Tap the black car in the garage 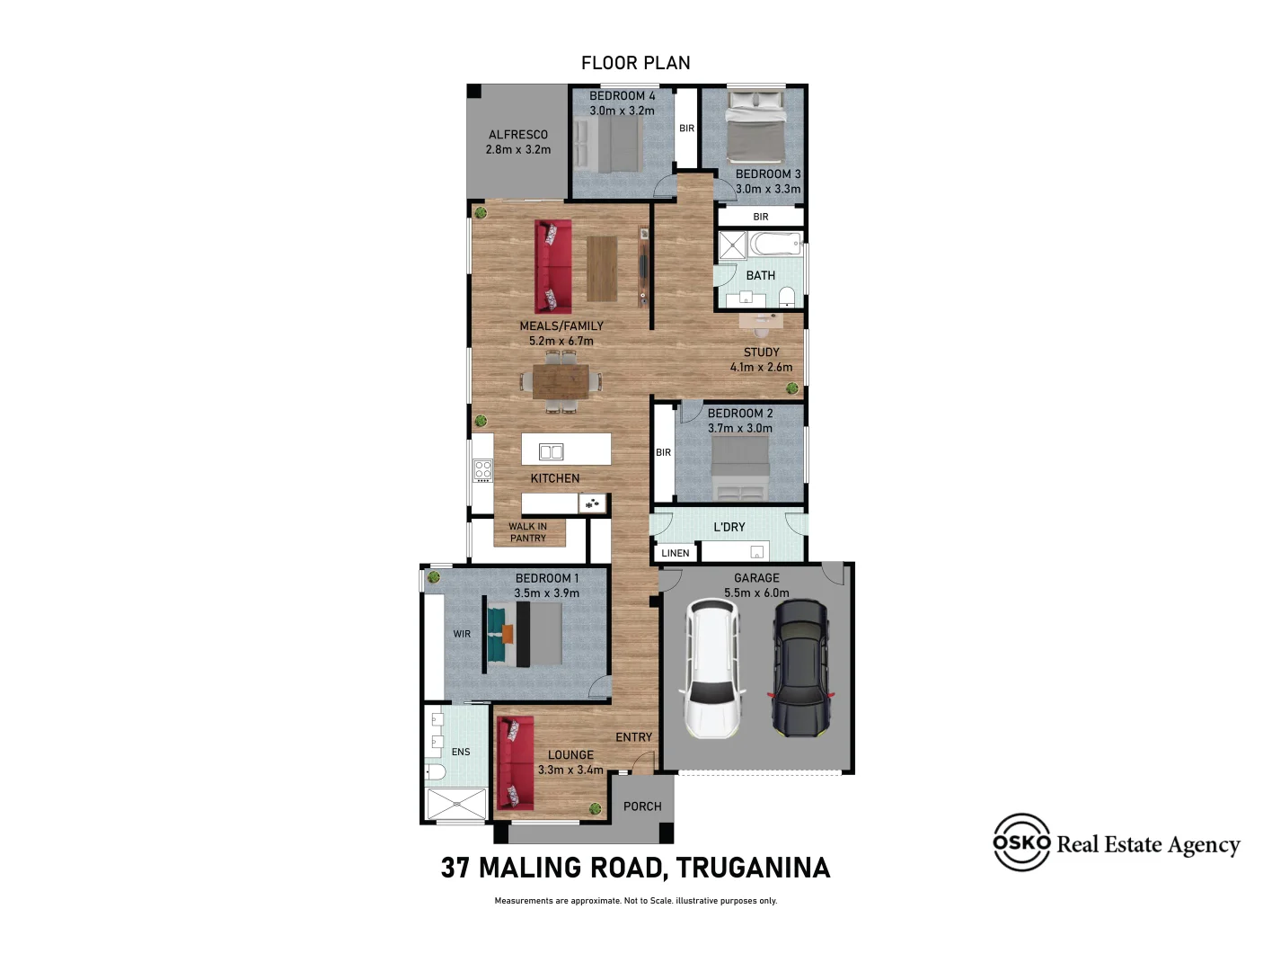pyautogui.click(x=799, y=668)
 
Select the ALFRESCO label pyautogui.click(x=517, y=135)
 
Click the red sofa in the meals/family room pyautogui.click(x=552, y=267)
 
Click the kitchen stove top pyautogui.click(x=483, y=470)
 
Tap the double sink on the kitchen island pyautogui.click(x=551, y=452)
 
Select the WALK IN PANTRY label pyautogui.click(x=528, y=532)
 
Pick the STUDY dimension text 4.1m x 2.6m pyautogui.click(x=761, y=368)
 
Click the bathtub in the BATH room pyautogui.click(x=775, y=244)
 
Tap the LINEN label pyautogui.click(x=676, y=553)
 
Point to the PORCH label pyautogui.click(x=642, y=806)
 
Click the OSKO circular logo pyautogui.click(x=1021, y=842)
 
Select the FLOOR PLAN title pyautogui.click(x=635, y=63)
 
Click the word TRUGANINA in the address pyautogui.click(x=753, y=868)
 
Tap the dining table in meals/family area pyautogui.click(x=561, y=381)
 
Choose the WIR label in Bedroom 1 pyautogui.click(x=462, y=634)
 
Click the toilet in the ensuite pyautogui.click(x=436, y=771)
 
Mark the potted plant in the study pyautogui.click(x=792, y=388)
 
